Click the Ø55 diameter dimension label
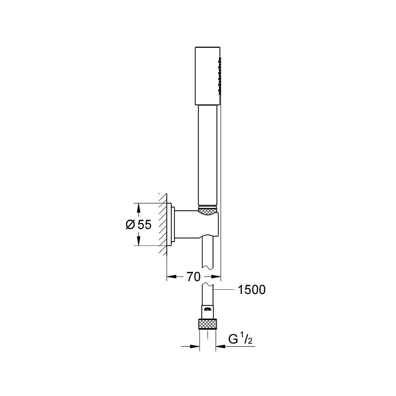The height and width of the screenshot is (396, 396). [x=138, y=224]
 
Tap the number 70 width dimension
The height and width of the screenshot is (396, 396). [x=193, y=277]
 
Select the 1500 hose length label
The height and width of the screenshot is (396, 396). [x=251, y=290]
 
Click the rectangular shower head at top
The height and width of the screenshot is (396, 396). [x=208, y=76]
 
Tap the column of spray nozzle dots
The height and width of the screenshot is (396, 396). [x=220, y=76]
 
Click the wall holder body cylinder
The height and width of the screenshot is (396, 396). [x=196, y=225]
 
